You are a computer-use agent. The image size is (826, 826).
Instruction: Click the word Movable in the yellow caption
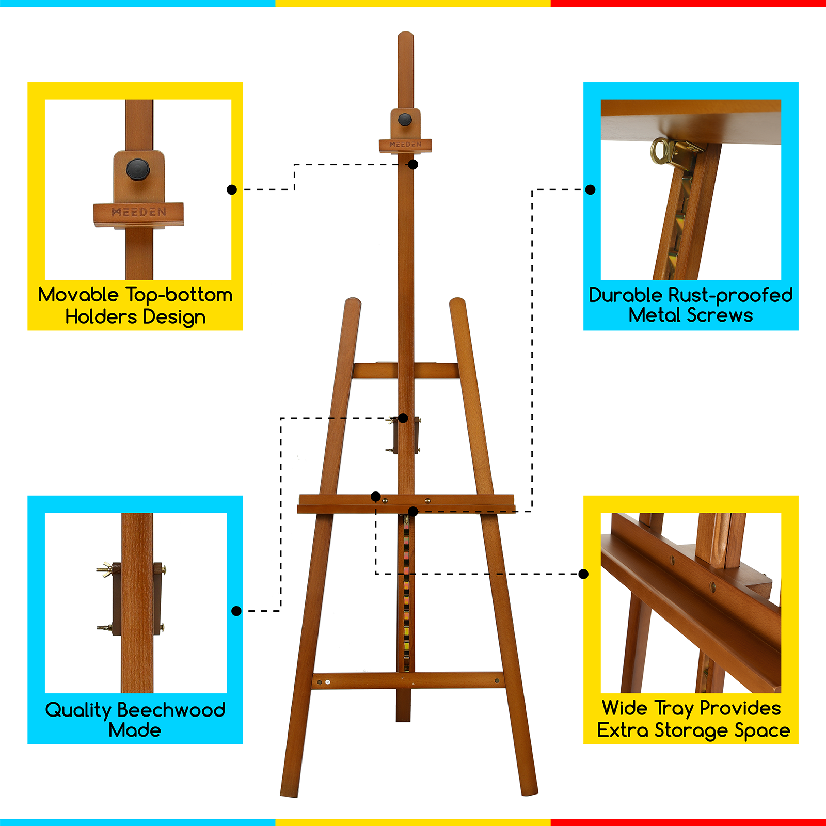tap(78, 295)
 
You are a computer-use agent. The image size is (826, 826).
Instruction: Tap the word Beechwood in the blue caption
tap(171, 710)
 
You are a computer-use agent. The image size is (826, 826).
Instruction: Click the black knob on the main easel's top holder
tap(405, 120)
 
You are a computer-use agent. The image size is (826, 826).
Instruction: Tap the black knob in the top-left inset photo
tap(137, 168)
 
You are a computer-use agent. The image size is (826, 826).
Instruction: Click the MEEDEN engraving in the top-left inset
tap(139, 212)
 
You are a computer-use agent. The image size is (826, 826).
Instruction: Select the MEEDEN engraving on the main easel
tap(405, 145)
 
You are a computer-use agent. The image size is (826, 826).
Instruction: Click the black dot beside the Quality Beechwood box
tap(236, 611)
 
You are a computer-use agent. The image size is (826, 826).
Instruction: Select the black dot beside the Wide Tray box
tap(583, 574)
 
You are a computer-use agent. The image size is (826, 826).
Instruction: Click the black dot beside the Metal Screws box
tap(591, 189)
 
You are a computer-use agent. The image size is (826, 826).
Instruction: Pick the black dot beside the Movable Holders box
tap(232, 189)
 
